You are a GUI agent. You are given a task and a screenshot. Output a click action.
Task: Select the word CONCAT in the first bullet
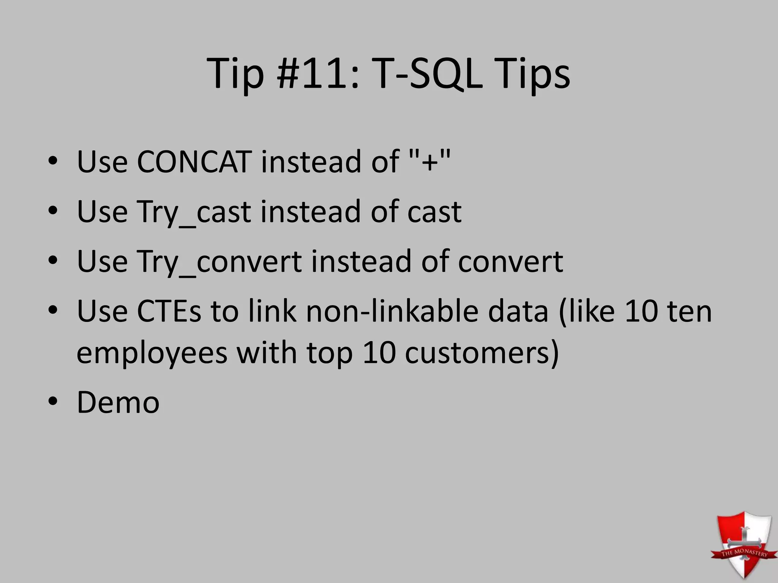pyautogui.click(x=194, y=162)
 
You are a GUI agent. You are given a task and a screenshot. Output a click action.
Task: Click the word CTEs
pyautogui.click(x=169, y=311)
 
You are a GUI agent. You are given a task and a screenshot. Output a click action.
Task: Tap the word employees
pyautogui.click(x=152, y=353)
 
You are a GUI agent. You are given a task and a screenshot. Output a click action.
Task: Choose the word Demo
pyautogui.click(x=118, y=403)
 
